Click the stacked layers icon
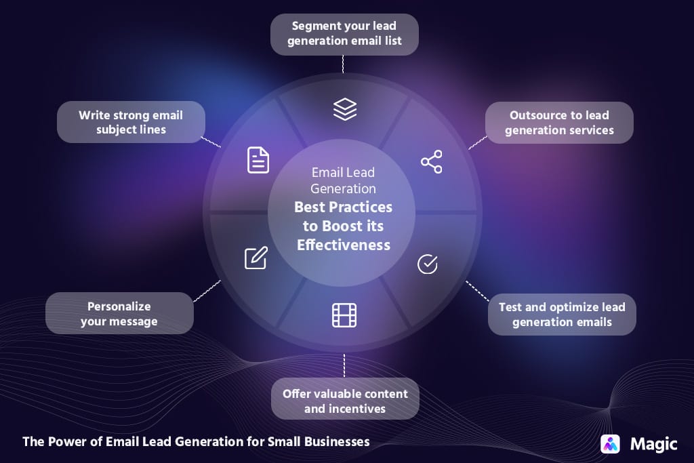click(x=345, y=108)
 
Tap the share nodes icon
click(x=431, y=162)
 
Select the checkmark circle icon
click(x=427, y=264)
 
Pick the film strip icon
click(x=344, y=315)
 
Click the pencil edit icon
click(x=256, y=258)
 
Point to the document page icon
click(x=258, y=160)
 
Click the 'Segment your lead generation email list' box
click(x=344, y=34)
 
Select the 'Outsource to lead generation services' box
click(x=559, y=123)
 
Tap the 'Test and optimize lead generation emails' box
click(x=562, y=315)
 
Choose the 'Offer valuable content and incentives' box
click(x=345, y=401)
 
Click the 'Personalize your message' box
click(x=119, y=314)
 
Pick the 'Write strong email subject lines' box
click(x=131, y=122)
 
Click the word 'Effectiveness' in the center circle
click(x=344, y=245)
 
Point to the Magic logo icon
click(x=611, y=444)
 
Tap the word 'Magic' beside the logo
click(x=653, y=444)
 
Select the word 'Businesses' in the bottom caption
click(x=336, y=441)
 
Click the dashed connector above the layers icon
click(x=344, y=64)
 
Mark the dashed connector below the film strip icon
click(x=344, y=366)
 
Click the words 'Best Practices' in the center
click(x=344, y=207)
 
